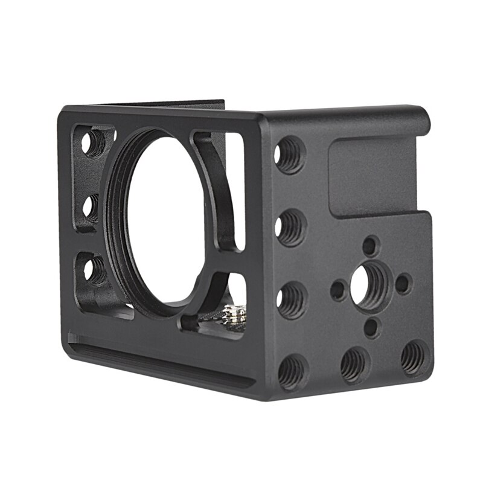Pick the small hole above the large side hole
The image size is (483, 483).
click(x=370, y=245)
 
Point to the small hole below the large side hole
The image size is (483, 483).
click(x=372, y=327)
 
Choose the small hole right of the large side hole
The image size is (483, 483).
click(x=404, y=283)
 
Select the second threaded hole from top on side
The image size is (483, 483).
click(x=292, y=227)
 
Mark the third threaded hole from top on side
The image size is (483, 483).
click(x=292, y=299)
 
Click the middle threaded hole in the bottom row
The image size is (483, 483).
click(x=354, y=364)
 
